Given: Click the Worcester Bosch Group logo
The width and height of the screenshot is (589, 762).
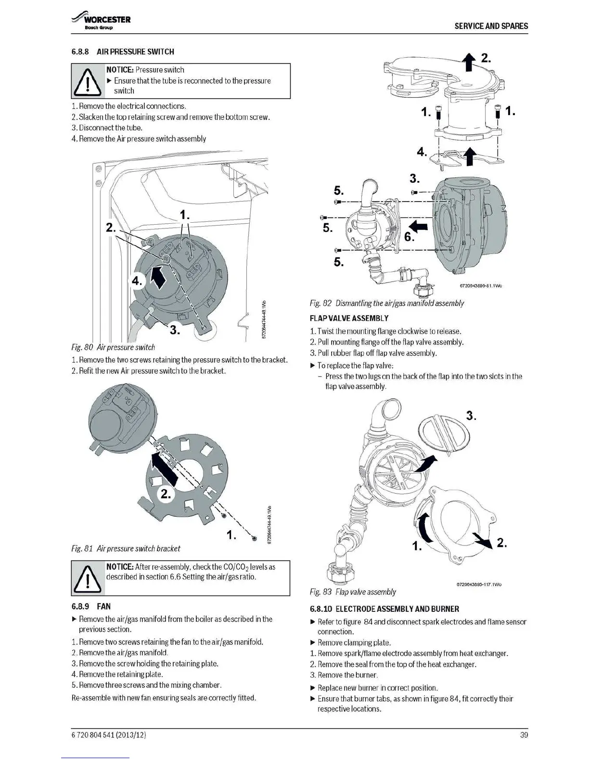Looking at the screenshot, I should [x=101, y=22].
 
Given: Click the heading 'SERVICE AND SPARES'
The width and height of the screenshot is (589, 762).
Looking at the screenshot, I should [x=491, y=26].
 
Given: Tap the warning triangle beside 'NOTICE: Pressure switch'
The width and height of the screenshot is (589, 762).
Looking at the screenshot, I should [x=88, y=81].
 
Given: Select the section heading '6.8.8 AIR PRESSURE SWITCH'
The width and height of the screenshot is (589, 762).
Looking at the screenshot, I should [x=123, y=51].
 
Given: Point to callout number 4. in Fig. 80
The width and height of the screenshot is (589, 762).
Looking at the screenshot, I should [x=138, y=281].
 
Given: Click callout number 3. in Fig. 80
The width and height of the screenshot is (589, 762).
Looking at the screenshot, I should [x=175, y=330].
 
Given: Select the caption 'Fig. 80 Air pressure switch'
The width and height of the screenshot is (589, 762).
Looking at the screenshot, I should [x=113, y=347].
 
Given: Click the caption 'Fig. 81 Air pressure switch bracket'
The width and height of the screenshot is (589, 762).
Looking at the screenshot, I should [x=126, y=548].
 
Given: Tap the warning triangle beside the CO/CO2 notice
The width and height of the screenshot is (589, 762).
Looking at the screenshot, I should [x=88, y=578].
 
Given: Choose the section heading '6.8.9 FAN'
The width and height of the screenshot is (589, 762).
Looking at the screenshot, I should [x=91, y=607].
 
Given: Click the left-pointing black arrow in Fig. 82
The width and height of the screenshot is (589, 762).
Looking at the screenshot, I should [x=419, y=226].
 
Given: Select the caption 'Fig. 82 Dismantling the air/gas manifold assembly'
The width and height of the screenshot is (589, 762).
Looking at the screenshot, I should [x=386, y=303].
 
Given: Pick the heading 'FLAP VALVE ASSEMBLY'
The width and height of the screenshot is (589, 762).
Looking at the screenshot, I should [x=349, y=318].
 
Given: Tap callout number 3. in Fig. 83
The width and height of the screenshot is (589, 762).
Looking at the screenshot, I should [x=472, y=416].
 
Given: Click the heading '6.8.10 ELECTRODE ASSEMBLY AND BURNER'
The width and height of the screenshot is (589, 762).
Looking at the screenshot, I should [x=384, y=609].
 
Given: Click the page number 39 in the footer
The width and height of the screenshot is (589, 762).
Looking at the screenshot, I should [x=524, y=735].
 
